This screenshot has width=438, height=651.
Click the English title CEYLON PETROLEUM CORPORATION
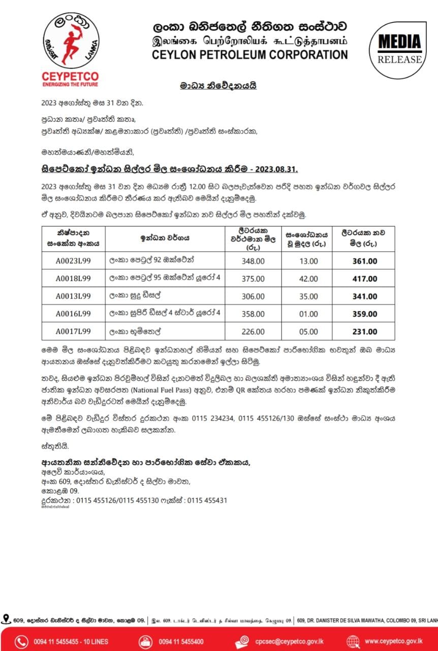coord(250,55)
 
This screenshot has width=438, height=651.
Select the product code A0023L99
coord(73,261)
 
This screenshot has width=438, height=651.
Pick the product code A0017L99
coord(73,332)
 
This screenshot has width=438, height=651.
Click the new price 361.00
coord(364,261)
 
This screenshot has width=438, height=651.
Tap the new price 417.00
coord(364,279)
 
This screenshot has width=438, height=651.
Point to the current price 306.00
coord(253,297)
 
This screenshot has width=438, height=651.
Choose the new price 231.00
coord(364,332)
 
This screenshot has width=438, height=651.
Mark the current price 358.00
coord(253,314)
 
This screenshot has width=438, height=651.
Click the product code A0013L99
coord(73,297)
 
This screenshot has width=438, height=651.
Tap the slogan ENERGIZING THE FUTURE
coord(70,85)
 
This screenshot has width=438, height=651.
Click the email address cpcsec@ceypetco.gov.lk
coord(289,641)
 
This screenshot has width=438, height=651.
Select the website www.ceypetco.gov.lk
coord(393,641)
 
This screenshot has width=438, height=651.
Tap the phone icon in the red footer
coord(21,641)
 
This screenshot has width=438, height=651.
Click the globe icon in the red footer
coord(353,641)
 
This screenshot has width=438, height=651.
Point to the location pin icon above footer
coord(6,619)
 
